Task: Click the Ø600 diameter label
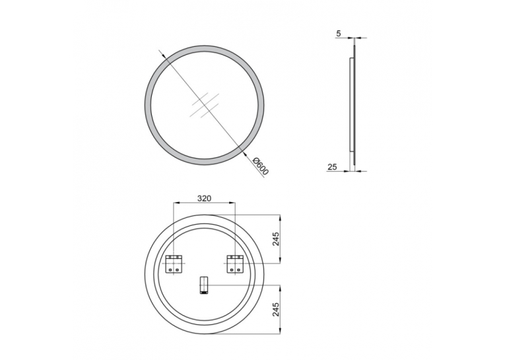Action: [x=261, y=166]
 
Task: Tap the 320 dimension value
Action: [x=204, y=198]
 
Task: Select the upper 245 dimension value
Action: [x=276, y=239]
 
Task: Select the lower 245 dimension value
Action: [x=276, y=309]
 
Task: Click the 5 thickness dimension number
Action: [x=338, y=33]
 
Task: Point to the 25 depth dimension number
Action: [x=332, y=166]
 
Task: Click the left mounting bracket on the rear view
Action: [x=174, y=264]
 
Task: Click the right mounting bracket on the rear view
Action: [x=235, y=264]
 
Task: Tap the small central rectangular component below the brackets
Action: [x=204, y=285]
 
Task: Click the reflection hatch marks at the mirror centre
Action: [x=205, y=106]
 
